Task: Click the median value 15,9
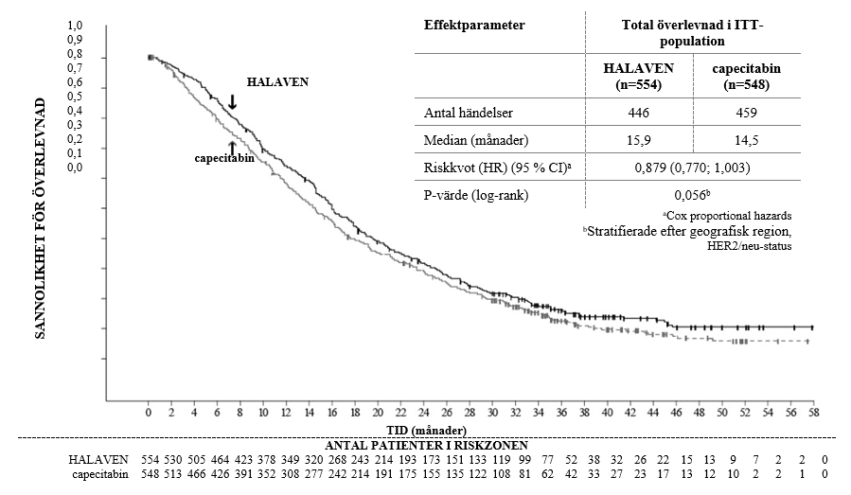point(639,140)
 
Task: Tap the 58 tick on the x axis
point(812,415)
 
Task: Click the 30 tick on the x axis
point(491,415)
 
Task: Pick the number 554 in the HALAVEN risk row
point(150,460)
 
